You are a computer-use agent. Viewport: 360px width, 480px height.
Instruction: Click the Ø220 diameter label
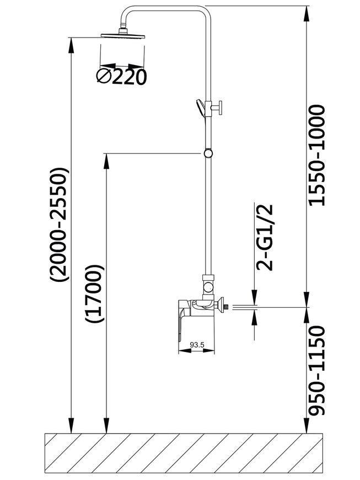click(121, 77)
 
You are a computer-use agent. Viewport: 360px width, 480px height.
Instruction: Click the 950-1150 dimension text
click(316, 370)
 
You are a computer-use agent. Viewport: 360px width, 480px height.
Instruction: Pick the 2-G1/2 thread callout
click(265, 238)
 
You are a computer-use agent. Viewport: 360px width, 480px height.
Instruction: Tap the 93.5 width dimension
click(197, 345)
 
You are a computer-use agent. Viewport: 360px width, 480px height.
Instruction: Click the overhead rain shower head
click(123, 34)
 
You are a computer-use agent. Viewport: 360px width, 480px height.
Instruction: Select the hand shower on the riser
click(200, 107)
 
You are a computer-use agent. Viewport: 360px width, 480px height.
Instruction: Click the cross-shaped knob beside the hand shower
click(217, 108)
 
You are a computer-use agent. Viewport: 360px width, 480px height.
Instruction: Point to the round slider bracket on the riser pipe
click(208, 153)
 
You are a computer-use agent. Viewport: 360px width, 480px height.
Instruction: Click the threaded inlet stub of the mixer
click(227, 306)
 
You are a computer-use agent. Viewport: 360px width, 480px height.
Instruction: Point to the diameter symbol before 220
click(104, 77)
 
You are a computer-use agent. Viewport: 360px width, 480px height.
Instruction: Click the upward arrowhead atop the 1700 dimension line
click(106, 161)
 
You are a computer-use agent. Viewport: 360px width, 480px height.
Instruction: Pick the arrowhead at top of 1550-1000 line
click(307, 14)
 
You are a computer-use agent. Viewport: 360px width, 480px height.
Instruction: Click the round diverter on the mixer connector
click(208, 288)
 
